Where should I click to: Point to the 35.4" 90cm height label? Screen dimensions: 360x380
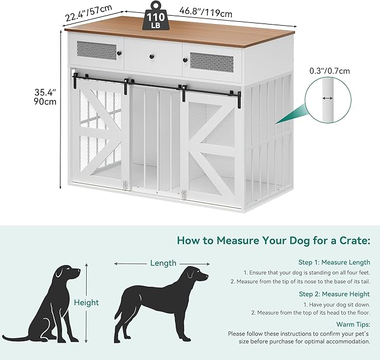click(x=45, y=97)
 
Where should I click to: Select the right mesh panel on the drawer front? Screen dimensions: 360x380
click(x=212, y=62)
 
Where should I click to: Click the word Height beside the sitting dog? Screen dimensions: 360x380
click(x=86, y=302)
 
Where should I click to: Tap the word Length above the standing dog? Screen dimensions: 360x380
click(x=163, y=263)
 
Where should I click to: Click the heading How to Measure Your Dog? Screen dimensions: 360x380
click(x=273, y=241)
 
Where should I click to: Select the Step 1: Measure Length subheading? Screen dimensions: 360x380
click(x=334, y=262)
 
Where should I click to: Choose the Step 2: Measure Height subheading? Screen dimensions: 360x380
click(x=334, y=293)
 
